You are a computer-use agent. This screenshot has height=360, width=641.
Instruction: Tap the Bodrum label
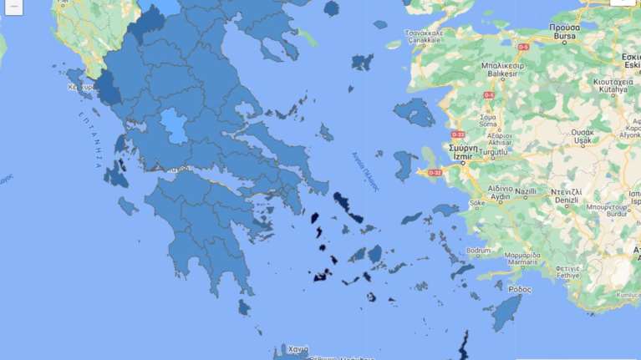point(479,251)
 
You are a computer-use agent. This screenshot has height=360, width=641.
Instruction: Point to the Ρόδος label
point(519,289)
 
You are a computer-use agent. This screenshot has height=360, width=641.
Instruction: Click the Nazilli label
point(526,191)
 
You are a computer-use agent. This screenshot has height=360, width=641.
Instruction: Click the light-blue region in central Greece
point(174,126)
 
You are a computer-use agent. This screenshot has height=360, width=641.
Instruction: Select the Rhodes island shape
point(505,312)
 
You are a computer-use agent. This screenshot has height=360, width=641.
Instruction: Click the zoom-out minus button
point(13,5)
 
